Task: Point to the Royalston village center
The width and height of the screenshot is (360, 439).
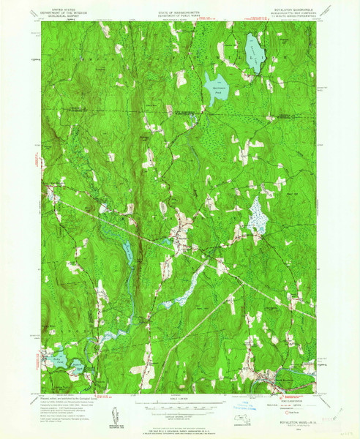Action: tap(180, 245)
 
